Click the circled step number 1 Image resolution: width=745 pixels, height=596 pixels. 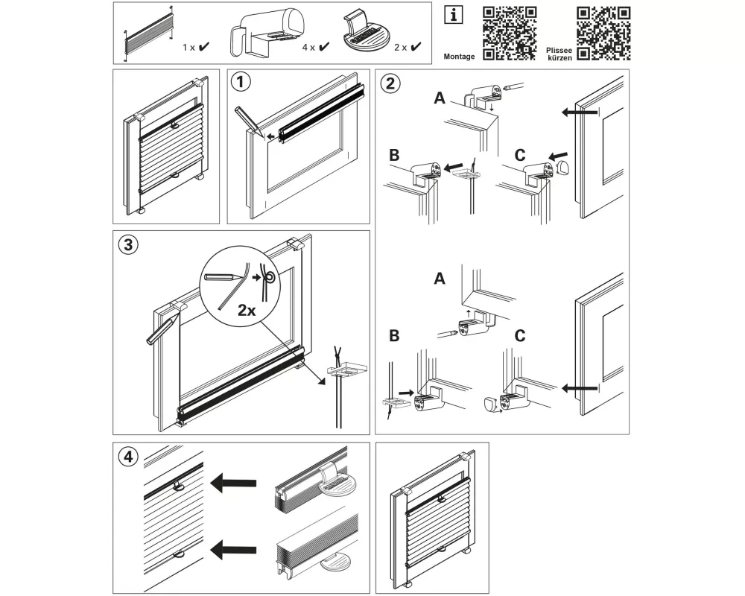tap(240, 81)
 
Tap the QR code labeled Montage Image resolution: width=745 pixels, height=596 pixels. tap(510, 32)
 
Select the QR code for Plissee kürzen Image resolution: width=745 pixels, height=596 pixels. tap(604, 32)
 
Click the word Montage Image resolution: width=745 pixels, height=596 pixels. tap(459, 57)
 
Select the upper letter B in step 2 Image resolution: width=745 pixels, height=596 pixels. tap(396, 156)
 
